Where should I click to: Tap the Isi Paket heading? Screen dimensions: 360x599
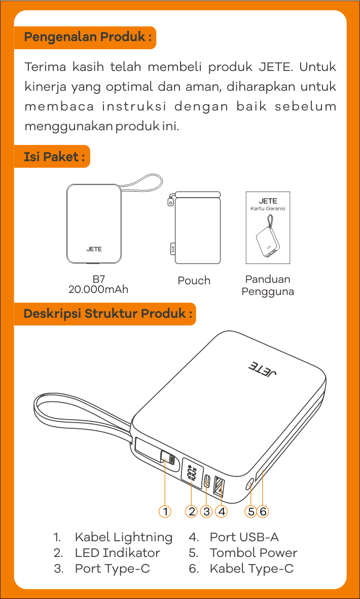tap(54, 157)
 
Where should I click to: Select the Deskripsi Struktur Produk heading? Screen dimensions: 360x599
tap(108, 314)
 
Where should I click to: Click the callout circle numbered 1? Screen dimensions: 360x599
tap(165, 511)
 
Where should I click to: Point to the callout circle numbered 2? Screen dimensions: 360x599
tap(192, 511)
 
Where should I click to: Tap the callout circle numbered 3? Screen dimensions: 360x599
tap(206, 511)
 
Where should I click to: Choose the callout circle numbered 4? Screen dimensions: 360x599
tap(221, 511)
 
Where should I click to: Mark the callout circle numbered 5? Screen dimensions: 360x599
tap(250, 511)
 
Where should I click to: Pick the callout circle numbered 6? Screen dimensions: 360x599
tap(263, 511)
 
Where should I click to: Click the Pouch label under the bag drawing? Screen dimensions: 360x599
tap(194, 280)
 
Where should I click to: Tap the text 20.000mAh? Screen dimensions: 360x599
tap(98, 289)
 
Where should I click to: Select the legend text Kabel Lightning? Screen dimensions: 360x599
tap(123, 538)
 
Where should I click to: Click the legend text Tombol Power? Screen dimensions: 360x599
tap(254, 553)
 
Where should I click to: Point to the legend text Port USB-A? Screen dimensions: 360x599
tap(244, 537)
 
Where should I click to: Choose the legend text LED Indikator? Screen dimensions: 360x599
tap(117, 553)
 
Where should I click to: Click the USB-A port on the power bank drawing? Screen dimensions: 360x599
tap(219, 486)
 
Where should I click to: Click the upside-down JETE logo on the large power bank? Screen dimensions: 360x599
tap(263, 370)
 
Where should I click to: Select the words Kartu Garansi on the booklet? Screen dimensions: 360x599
tap(268, 209)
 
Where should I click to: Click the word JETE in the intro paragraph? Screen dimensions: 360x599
tap(275, 67)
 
